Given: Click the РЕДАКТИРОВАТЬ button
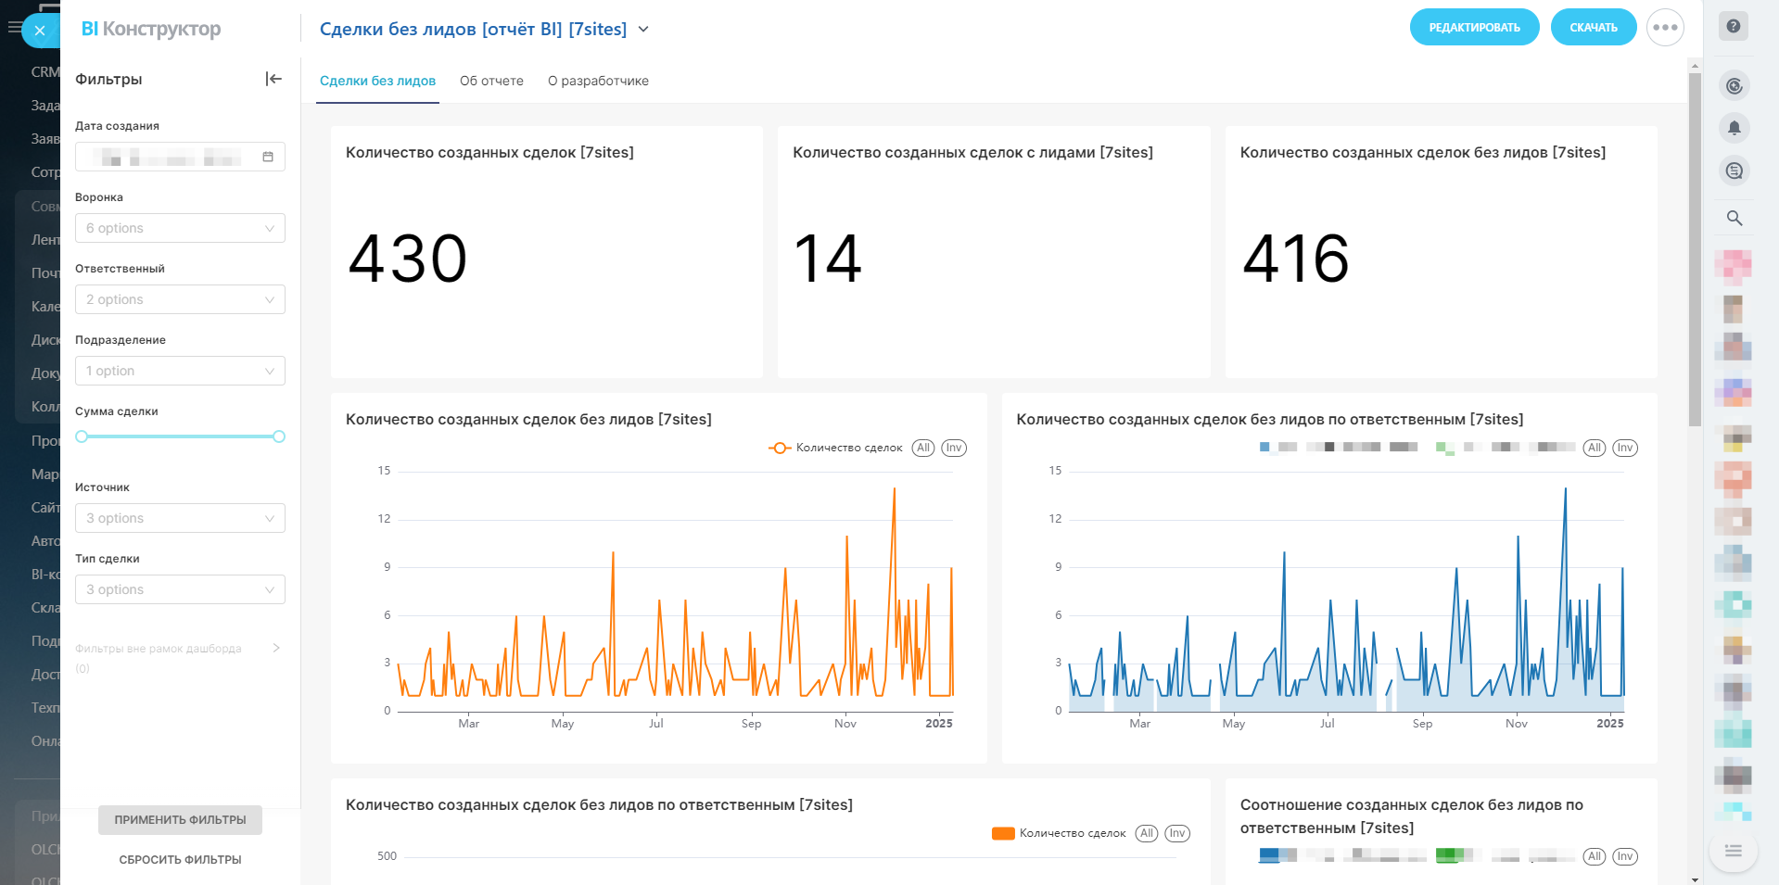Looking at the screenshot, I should click(1474, 28).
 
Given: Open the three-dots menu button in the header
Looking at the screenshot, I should click(1665, 28).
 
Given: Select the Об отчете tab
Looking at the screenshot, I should click(491, 81).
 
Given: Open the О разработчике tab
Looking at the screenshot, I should click(598, 81).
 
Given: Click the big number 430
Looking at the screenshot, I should click(408, 259).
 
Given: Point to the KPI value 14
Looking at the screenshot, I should click(827, 259).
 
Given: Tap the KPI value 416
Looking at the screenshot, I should click(1295, 259).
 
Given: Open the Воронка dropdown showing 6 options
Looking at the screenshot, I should click(180, 228).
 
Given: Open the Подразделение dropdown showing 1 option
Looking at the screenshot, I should click(180, 371).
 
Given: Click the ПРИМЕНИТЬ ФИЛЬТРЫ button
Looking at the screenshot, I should click(180, 820).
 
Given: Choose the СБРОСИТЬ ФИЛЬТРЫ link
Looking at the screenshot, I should click(180, 860).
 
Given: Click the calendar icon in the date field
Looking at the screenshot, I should click(268, 157).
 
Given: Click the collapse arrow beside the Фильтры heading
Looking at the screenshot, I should click(273, 79).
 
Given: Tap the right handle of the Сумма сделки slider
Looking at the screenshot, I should click(279, 436).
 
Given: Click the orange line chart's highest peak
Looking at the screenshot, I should click(895, 489).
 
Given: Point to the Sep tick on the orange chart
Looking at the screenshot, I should click(751, 724).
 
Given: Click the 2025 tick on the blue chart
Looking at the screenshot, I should click(1609, 724).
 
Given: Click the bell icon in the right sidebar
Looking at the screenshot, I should click(1735, 128).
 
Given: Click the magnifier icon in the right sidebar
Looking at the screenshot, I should click(1735, 219).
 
